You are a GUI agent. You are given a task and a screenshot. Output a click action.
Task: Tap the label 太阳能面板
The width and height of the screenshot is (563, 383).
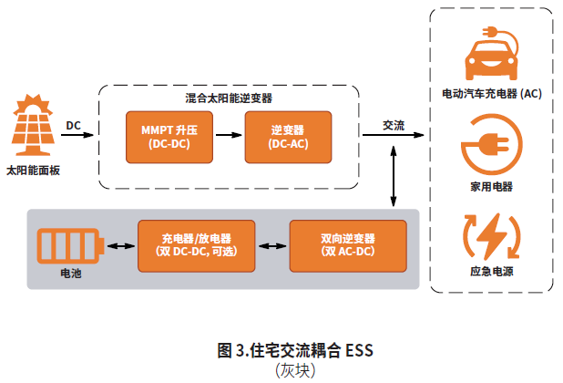[33, 170]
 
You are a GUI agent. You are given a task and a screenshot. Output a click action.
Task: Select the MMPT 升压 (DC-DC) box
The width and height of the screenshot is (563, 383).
[169, 137]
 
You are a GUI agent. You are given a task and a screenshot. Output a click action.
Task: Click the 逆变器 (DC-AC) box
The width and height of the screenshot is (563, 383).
[287, 137]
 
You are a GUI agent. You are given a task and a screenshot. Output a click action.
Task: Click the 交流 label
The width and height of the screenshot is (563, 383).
[394, 125]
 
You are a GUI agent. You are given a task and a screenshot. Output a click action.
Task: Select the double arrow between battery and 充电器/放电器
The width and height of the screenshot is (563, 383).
[119, 245]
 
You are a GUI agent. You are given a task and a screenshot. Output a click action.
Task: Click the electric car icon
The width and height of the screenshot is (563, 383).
[492, 56]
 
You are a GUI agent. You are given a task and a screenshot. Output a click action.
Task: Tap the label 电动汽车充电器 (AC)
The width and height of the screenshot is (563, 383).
[492, 94]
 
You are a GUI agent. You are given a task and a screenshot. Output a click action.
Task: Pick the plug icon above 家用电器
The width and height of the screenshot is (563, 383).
[492, 145]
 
